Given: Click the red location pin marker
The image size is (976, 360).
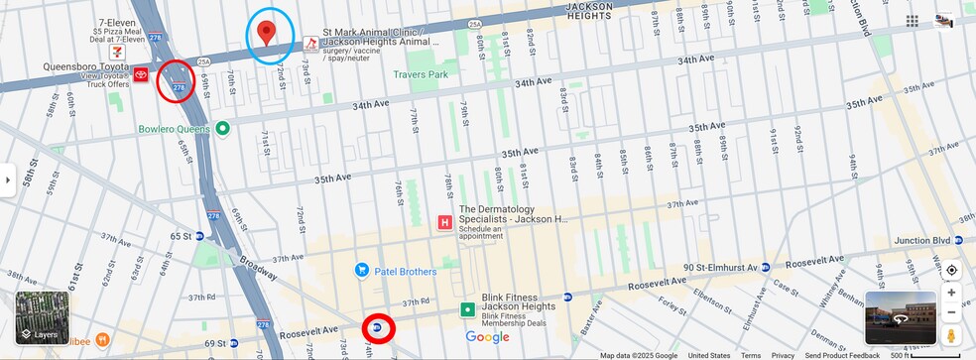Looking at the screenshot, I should [x=266, y=33].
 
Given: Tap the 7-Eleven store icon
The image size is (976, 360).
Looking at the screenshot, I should [x=118, y=49].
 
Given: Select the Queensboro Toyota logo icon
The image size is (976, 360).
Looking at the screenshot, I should [x=141, y=74].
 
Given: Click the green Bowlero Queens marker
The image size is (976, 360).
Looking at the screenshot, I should [x=223, y=128].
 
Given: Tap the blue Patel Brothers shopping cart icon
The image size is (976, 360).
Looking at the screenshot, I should [x=362, y=270].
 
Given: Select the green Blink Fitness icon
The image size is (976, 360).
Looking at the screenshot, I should [x=466, y=310].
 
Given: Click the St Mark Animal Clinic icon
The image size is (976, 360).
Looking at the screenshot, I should [x=310, y=43].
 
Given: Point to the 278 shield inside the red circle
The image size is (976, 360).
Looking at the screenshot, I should [x=179, y=88].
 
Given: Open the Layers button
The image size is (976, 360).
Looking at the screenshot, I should [x=42, y=317].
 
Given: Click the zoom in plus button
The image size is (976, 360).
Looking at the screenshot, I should [x=951, y=293].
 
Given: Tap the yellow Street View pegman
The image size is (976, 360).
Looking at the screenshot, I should [x=951, y=336].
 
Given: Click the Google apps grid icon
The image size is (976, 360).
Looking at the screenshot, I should [x=912, y=21].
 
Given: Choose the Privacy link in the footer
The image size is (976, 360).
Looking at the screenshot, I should [x=783, y=355].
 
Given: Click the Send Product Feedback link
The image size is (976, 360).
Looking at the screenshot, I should [x=841, y=355].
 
